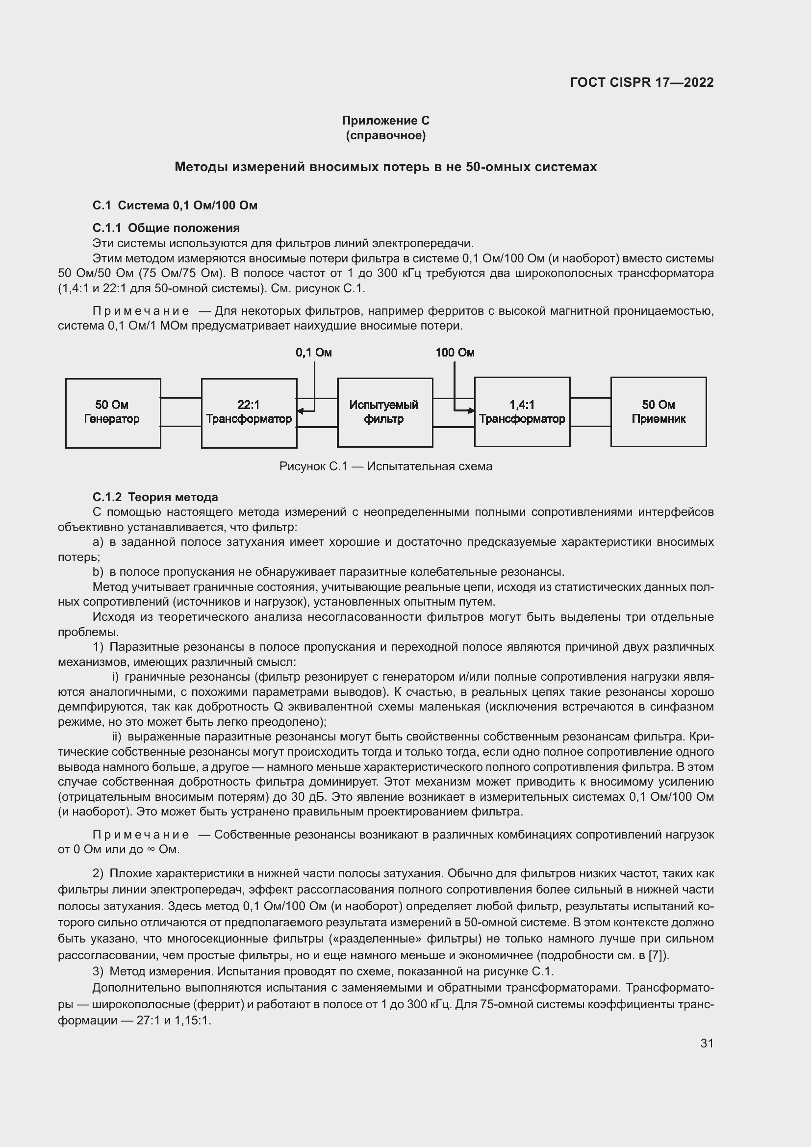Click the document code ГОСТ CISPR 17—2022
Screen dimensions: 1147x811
[x=641, y=82]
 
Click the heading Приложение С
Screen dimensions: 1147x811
[x=385, y=121]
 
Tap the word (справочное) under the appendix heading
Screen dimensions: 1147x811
[x=385, y=135]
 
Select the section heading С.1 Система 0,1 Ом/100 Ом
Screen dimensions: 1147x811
[x=175, y=205]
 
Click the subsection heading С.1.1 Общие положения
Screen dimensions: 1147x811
[x=166, y=228]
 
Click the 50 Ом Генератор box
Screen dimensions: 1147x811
[x=113, y=412]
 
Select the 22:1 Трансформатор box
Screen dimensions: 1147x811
[x=249, y=412]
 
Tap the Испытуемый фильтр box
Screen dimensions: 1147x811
[x=384, y=412]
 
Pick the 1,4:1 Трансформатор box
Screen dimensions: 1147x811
[x=522, y=411]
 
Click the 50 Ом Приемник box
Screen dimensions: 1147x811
[x=658, y=411]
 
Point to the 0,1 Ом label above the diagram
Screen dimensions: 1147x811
[x=314, y=353]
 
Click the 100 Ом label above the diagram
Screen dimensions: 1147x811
[x=455, y=353]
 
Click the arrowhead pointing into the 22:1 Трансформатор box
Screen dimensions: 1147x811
[x=300, y=411]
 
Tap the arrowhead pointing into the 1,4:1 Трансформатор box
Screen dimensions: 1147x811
[x=471, y=410]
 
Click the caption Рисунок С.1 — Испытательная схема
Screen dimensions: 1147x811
[x=385, y=466]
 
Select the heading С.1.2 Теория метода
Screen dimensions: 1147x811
[x=155, y=497]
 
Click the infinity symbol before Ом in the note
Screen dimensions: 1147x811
[x=150, y=850]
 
